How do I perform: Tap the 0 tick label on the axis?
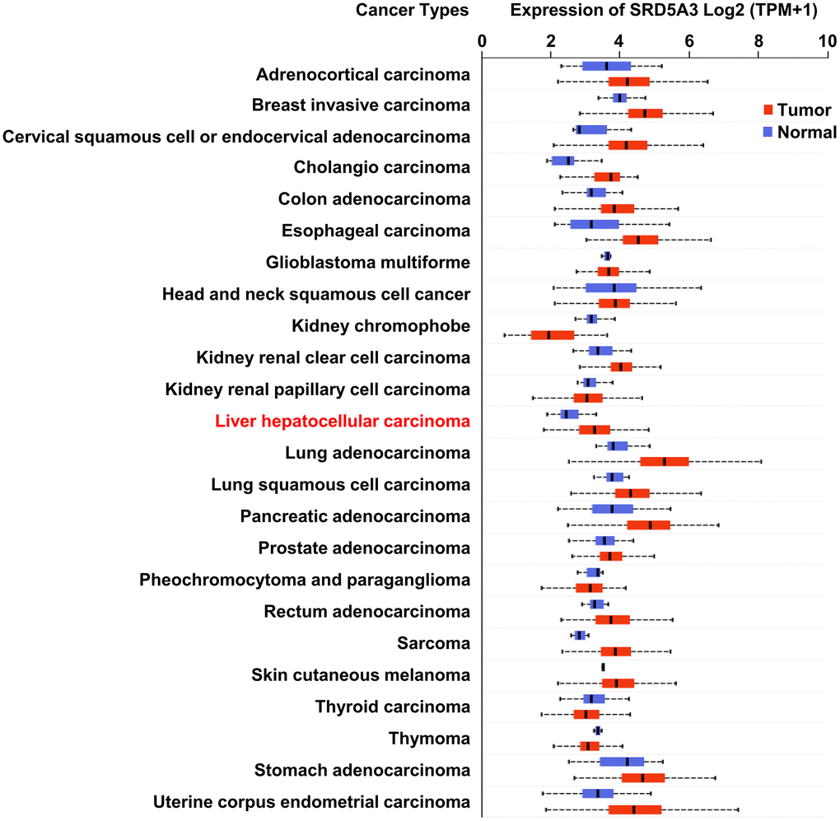click(482, 38)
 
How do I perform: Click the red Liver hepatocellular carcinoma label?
click(343, 422)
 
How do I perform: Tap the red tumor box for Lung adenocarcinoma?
click(664, 461)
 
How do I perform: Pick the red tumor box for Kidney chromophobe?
click(553, 334)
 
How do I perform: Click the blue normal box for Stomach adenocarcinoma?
click(622, 762)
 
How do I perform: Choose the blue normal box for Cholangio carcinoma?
click(563, 161)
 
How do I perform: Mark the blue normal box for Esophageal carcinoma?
click(595, 224)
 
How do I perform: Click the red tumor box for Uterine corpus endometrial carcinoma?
click(635, 809)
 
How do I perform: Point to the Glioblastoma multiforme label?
click(368, 263)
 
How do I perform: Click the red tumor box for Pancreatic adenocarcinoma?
click(648, 525)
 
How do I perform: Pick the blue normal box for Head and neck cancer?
click(611, 287)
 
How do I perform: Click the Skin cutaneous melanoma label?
click(361, 675)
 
